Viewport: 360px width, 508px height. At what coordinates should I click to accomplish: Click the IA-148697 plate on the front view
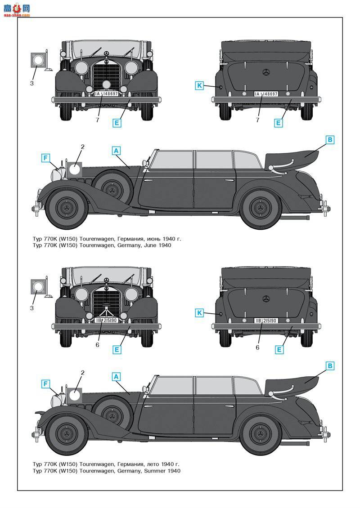(106, 94)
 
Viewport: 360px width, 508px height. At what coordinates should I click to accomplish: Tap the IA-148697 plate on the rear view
(266, 94)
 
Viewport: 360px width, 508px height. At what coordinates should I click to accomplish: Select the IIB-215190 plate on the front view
(106, 321)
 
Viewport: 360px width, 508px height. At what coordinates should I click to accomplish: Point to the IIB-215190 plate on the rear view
(266, 321)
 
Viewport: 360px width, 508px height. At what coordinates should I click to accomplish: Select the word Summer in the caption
(155, 471)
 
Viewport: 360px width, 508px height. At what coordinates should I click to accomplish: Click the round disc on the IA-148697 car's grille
(106, 85)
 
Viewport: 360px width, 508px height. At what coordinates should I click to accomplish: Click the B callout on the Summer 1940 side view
(330, 366)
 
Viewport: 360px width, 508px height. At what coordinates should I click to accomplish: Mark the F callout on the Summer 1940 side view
(45, 383)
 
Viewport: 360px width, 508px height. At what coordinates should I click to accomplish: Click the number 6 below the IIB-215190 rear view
(257, 347)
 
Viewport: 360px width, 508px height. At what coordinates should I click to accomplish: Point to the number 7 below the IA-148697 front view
(97, 120)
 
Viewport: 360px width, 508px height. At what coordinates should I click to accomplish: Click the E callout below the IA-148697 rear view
(278, 122)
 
